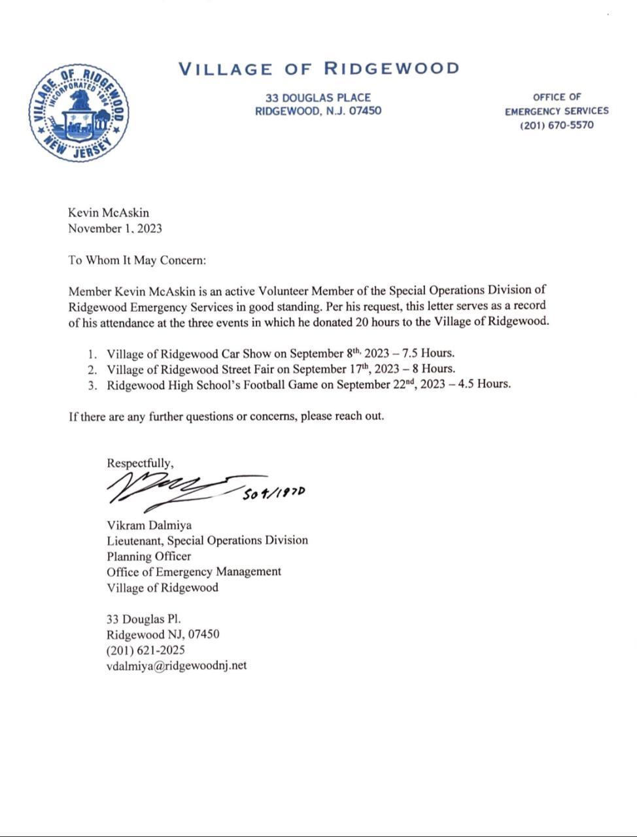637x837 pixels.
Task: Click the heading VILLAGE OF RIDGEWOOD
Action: [318, 68]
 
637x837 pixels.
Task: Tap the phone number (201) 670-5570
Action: [557, 125]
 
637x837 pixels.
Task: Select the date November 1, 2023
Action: [115, 228]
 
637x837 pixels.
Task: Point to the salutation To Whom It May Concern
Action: [137, 260]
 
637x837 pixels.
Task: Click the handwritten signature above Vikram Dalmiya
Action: [173, 489]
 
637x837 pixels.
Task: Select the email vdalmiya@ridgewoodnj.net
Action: [177, 666]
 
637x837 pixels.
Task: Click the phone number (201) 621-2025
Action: [146, 650]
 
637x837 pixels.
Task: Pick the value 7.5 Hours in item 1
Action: [428, 353]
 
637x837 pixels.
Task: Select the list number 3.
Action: [92, 385]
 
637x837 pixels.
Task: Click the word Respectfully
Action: [140, 463]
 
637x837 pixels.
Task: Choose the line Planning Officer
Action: [149, 556]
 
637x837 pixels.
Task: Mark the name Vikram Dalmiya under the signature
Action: [149, 525]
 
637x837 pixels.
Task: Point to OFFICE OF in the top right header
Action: [557, 97]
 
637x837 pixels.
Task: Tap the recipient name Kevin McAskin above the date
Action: [109, 213]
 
